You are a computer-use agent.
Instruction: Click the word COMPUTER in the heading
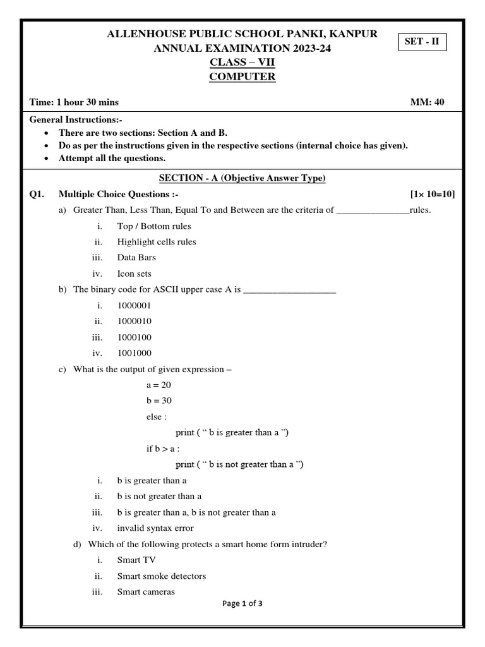242,77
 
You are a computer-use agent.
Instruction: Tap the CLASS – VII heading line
242,63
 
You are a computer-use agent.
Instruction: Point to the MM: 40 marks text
428,102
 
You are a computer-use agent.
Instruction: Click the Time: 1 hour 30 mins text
74,102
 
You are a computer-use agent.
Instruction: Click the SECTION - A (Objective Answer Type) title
242,179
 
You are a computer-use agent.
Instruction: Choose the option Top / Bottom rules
154,226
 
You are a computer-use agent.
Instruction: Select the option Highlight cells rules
157,242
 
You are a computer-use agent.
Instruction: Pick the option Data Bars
136,258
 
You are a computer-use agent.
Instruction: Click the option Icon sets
135,274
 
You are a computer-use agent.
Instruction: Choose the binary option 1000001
135,305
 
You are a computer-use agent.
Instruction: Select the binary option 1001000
135,353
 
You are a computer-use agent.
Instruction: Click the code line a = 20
159,385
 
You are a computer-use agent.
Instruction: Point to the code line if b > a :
163,449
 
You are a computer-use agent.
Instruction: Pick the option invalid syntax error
155,528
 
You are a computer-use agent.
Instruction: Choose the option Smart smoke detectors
162,576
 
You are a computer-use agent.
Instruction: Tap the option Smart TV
136,560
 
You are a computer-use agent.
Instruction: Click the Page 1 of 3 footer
242,603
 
